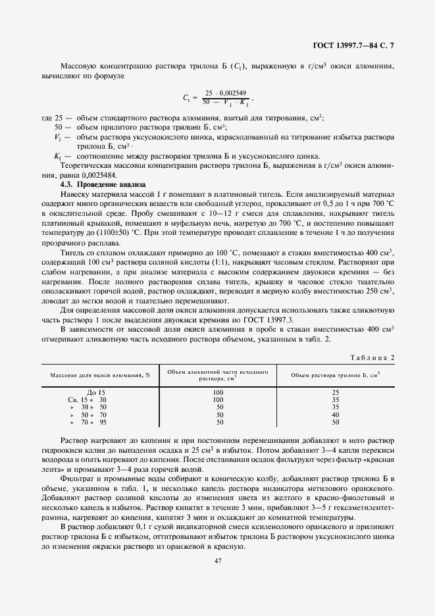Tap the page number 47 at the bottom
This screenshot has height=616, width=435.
217,560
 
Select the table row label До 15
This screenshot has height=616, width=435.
96,392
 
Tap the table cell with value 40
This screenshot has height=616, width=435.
336,415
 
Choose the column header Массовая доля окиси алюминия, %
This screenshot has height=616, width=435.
97,375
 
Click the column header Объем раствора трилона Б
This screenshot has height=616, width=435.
336,375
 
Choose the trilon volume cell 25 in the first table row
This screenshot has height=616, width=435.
336,392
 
